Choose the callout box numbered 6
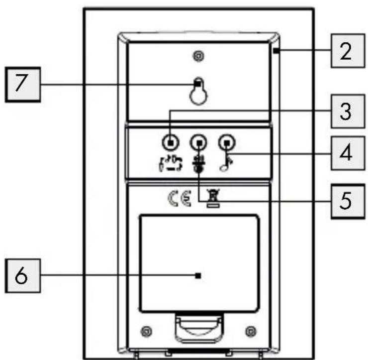(x=23, y=276)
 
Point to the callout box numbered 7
(x=23, y=85)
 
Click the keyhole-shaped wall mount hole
(x=198, y=91)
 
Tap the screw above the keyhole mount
(x=198, y=56)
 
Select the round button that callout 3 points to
(x=171, y=142)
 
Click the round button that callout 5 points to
(x=198, y=142)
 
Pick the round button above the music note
(x=227, y=142)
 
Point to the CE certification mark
(x=180, y=199)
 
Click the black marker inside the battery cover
(x=198, y=276)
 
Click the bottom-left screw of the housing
(x=146, y=331)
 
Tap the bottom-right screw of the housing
(x=251, y=331)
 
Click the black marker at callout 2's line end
(x=276, y=50)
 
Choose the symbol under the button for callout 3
(x=171, y=163)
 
